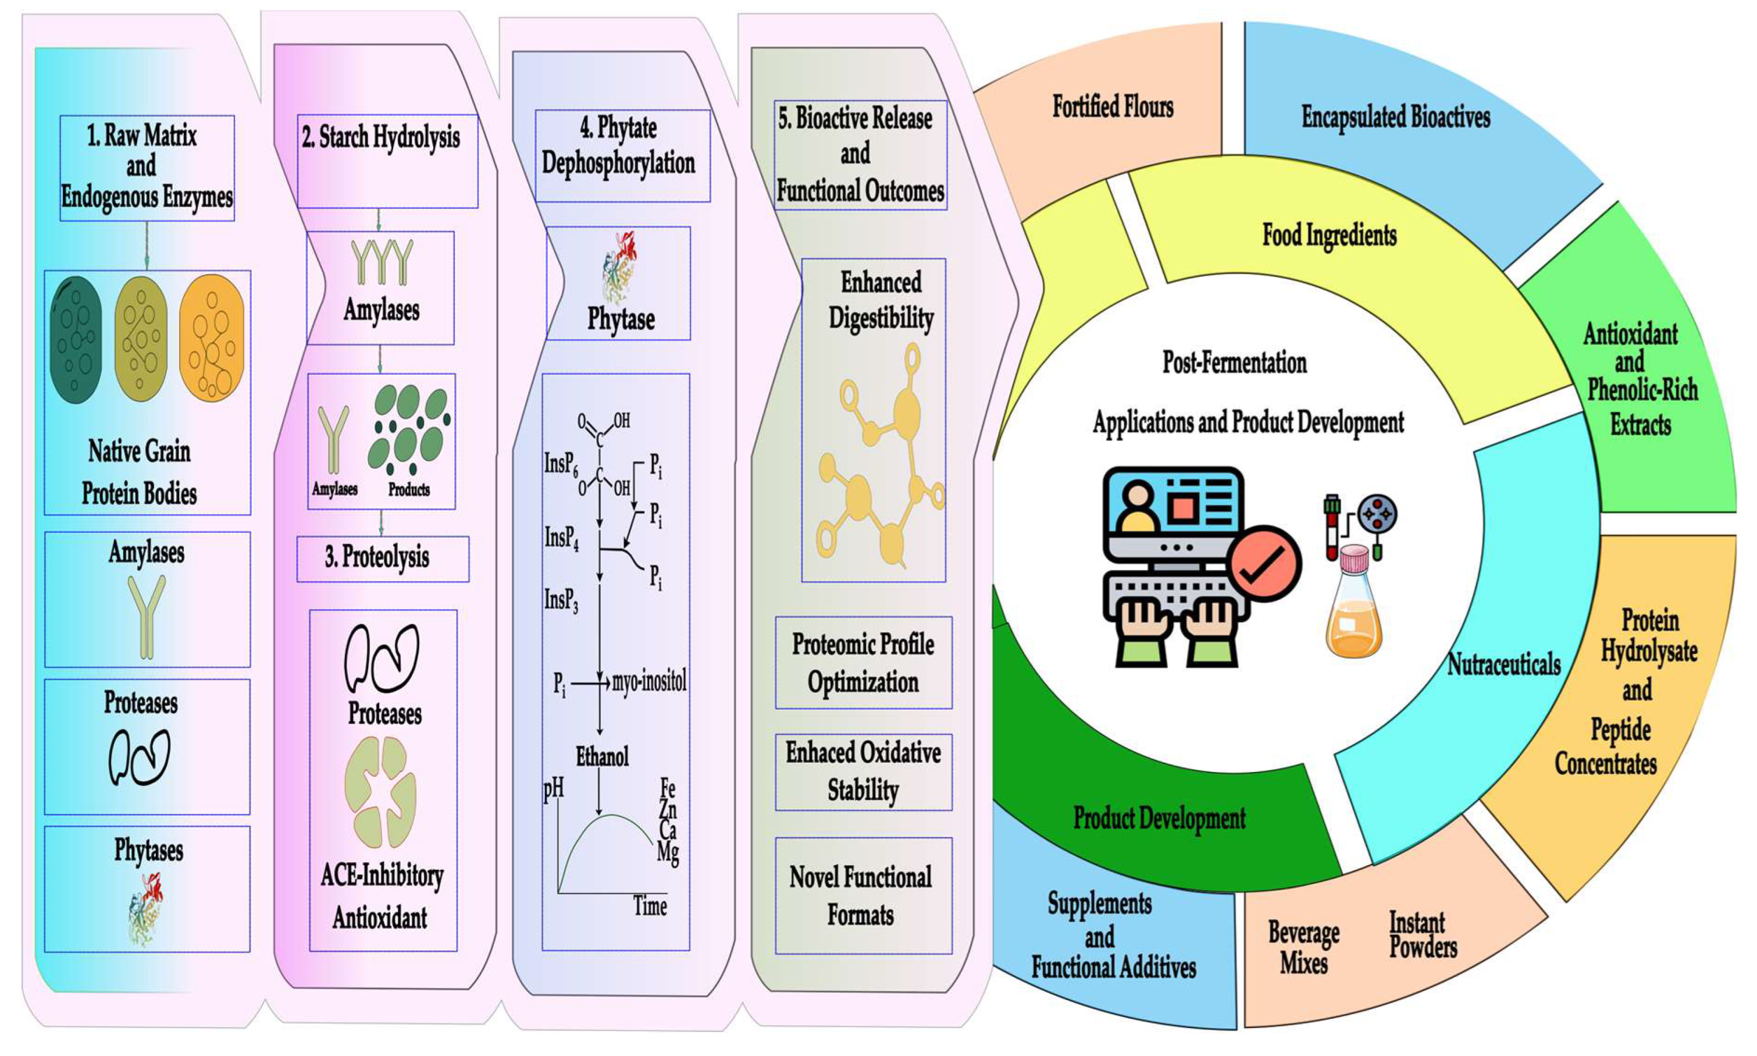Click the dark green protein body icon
pyautogui.click(x=76, y=339)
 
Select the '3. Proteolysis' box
pyautogui.click(x=383, y=558)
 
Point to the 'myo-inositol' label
pyautogui.click(x=648, y=682)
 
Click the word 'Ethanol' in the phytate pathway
pyautogui.click(x=602, y=756)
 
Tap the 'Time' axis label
pyautogui.click(x=650, y=906)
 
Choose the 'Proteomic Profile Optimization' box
pyautogui.click(x=863, y=663)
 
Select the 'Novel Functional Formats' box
pyautogui.click(x=863, y=895)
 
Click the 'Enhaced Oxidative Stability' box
pyautogui.click(x=863, y=771)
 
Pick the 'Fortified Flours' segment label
pyautogui.click(x=1113, y=106)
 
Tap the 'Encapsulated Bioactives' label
pyautogui.click(x=1396, y=117)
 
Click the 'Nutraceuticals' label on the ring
pyautogui.click(x=1504, y=664)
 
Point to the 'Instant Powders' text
pyautogui.click(x=1423, y=935)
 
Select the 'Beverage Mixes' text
pyautogui.click(x=1303, y=947)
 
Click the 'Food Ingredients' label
pyautogui.click(x=1329, y=235)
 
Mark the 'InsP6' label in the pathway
pyautogui.click(x=561, y=465)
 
